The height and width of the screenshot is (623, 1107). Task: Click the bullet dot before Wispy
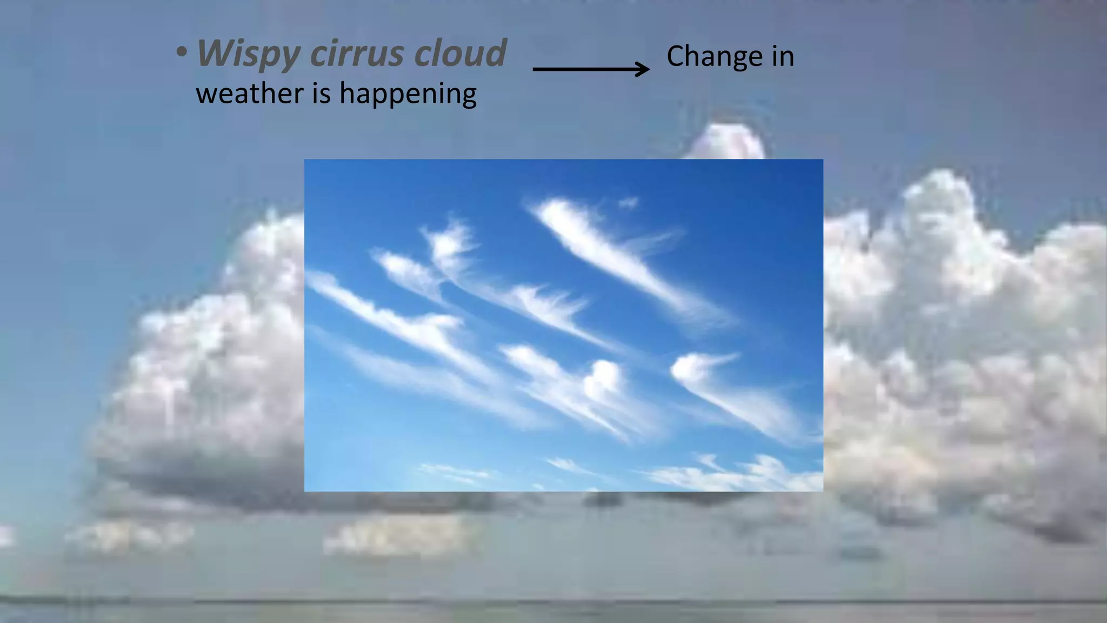pos(182,53)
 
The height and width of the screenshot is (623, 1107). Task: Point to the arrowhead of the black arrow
pos(644,69)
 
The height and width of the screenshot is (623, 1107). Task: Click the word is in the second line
pos(321,93)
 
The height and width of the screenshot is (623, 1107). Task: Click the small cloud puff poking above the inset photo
pos(727,142)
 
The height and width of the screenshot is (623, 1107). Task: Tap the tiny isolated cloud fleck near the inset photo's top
pos(629,203)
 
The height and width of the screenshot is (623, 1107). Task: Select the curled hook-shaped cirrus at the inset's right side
pos(697,368)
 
